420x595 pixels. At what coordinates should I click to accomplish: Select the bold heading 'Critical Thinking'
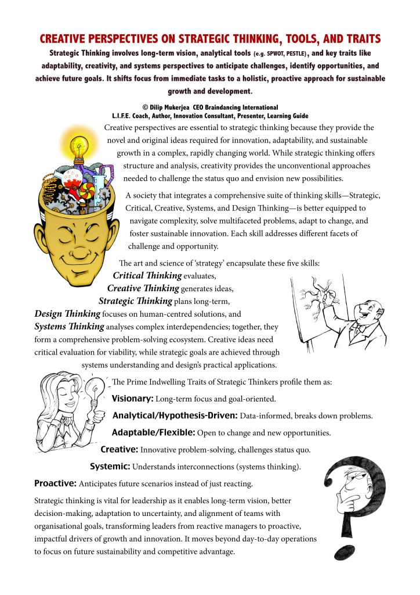[x=147, y=275]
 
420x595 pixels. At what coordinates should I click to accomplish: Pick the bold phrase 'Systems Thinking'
[x=69, y=327]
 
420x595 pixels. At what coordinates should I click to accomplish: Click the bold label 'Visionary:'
[x=132, y=400]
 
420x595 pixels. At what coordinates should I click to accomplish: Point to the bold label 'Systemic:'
[x=110, y=467]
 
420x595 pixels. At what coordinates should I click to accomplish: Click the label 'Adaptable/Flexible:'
[x=153, y=433]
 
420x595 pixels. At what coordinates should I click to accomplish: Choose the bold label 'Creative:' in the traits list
[x=120, y=450]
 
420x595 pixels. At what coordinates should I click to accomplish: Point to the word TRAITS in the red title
[x=356, y=39]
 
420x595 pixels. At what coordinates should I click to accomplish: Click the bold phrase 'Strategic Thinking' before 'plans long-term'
[x=135, y=301]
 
